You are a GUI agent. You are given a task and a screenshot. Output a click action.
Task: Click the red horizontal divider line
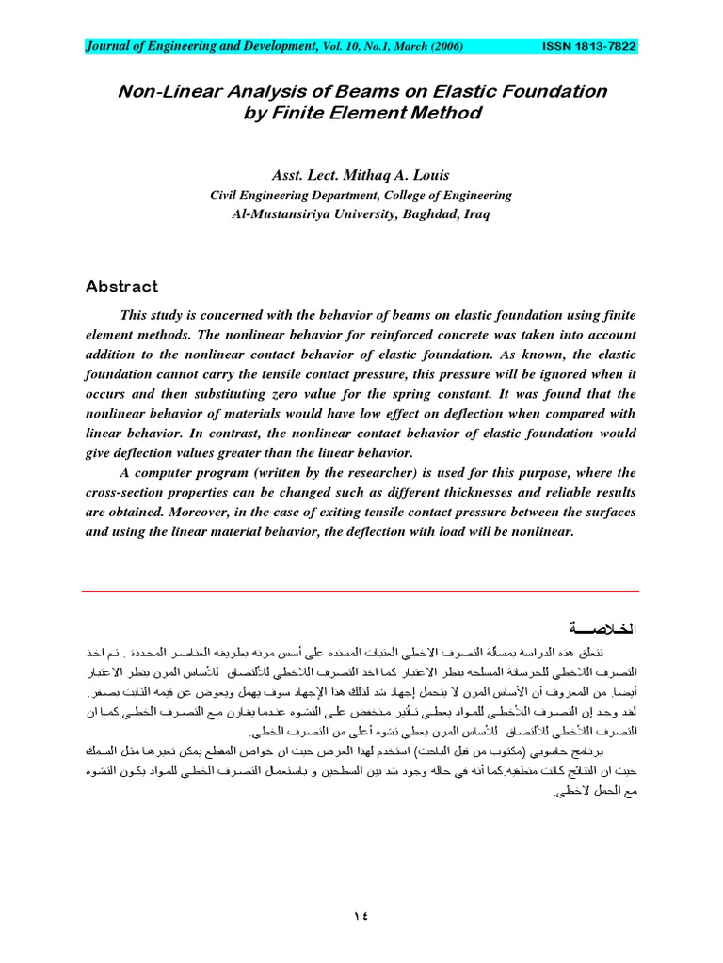[361, 592]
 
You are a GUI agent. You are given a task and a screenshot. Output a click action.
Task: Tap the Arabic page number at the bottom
[361, 915]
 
